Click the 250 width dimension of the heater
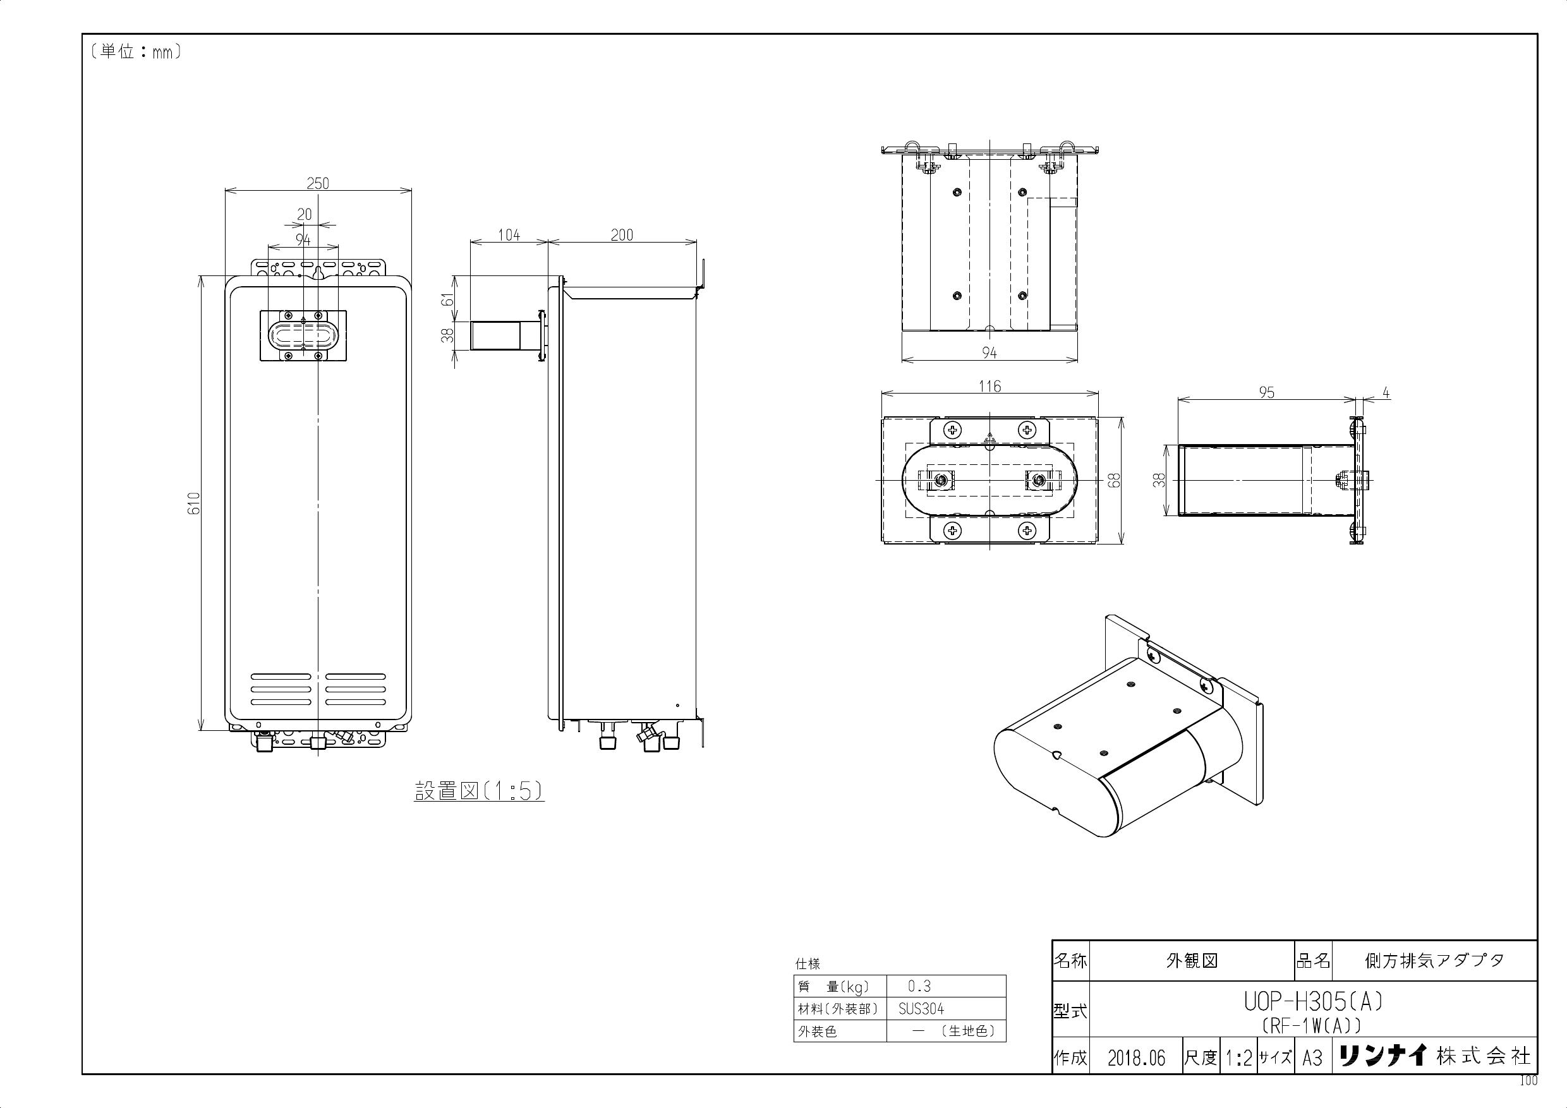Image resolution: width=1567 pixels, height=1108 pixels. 317,183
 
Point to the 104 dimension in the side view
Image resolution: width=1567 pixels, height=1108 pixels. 509,236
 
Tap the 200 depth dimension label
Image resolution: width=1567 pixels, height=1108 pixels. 622,236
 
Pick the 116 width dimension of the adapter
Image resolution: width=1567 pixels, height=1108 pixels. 989,386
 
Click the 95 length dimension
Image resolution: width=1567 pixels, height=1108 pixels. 1267,392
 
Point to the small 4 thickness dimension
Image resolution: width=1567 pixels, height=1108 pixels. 1386,393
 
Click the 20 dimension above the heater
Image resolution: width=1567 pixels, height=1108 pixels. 305,214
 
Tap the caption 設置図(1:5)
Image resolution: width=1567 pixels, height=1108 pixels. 479,791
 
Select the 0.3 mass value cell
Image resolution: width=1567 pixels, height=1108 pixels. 919,987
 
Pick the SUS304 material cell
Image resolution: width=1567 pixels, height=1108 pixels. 921,1009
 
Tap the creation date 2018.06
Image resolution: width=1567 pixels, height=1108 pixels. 1136,1058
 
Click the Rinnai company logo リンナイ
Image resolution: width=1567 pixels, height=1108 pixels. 1382,1056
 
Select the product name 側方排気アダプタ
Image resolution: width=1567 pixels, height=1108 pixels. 1434,961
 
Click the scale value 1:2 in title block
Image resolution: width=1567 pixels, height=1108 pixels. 1238,1058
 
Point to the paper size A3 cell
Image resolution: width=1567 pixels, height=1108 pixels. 1312,1058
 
